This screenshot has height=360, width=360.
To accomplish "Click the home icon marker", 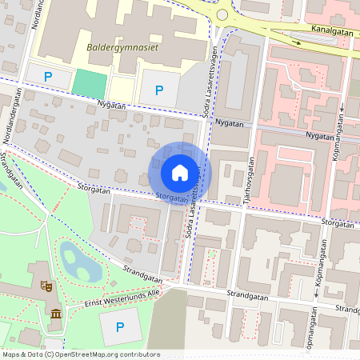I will tap(180, 172).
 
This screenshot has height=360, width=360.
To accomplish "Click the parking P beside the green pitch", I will tap(47, 78).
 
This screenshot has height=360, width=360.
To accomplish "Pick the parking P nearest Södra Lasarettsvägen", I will tap(159, 90).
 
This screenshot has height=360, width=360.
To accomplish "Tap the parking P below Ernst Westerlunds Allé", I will tap(120, 326).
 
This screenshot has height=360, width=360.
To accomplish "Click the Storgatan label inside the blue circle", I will tap(173, 197).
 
